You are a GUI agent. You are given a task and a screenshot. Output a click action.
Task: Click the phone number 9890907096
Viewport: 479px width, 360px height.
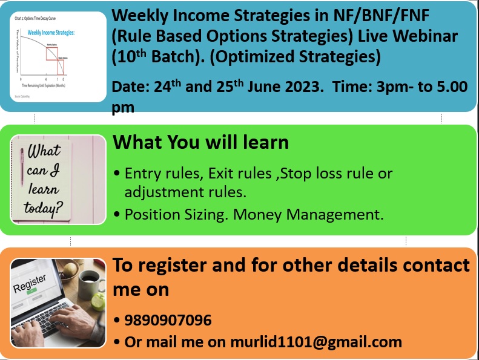click(168, 320)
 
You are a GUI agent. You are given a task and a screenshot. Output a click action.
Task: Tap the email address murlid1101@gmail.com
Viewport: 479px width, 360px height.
click(315, 342)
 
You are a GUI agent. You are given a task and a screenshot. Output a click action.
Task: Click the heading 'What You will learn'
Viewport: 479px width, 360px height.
click(200, 143)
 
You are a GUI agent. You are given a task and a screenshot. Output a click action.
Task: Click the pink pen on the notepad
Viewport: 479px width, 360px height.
click(23, 169)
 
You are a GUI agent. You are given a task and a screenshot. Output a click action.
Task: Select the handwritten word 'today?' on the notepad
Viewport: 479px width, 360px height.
click(44, 209)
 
